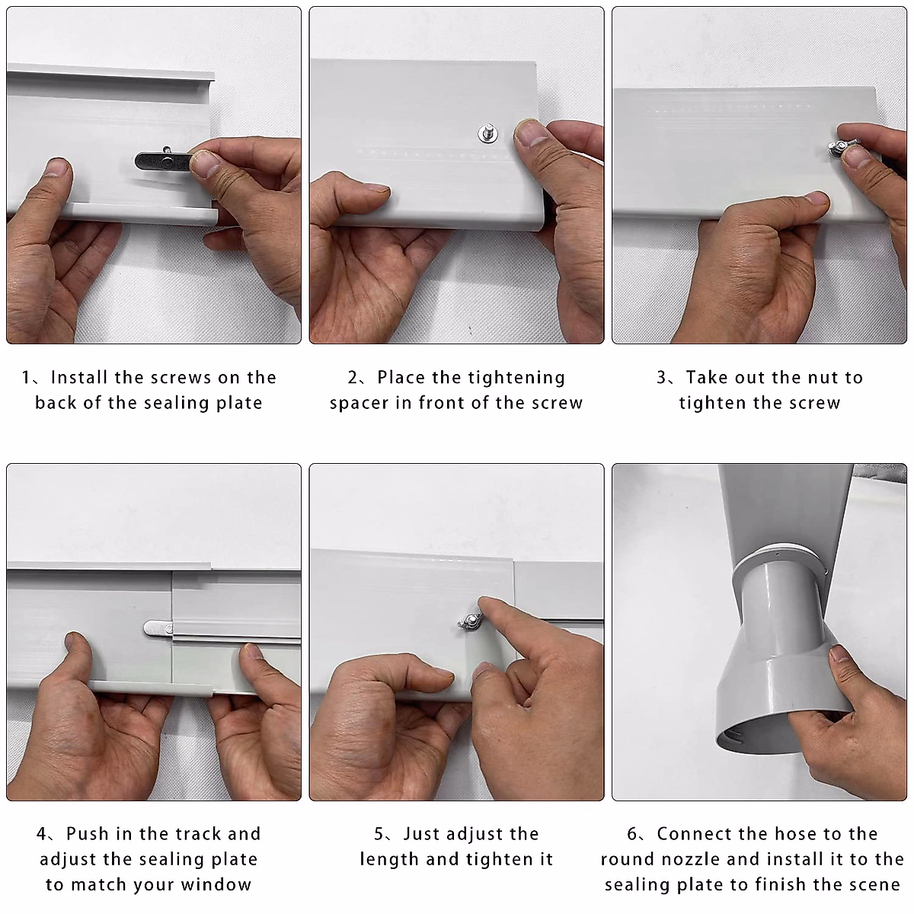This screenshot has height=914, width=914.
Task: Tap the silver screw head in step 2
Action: tap(487, 133)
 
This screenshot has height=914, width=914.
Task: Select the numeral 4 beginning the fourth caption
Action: tap(42, 834)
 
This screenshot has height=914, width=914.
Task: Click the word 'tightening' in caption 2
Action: tap(517, 379)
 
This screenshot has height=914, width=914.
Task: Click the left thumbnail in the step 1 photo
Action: tap(57, 168)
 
